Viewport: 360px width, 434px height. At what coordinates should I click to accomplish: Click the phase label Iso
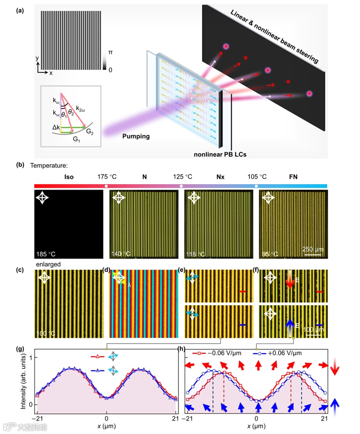pyautogui.click(x=69, y=177)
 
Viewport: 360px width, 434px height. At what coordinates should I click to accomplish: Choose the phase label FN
pyautogui.click(x=293, y=177)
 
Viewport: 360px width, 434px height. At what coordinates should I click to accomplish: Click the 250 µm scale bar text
pyautogui.click(x=311, y=249)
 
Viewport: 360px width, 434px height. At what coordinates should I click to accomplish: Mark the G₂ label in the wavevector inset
pyautogui.click(x=90, y=131)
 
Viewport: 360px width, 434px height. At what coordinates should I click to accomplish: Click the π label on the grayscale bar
pyautogui.click(x=110, y=53)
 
